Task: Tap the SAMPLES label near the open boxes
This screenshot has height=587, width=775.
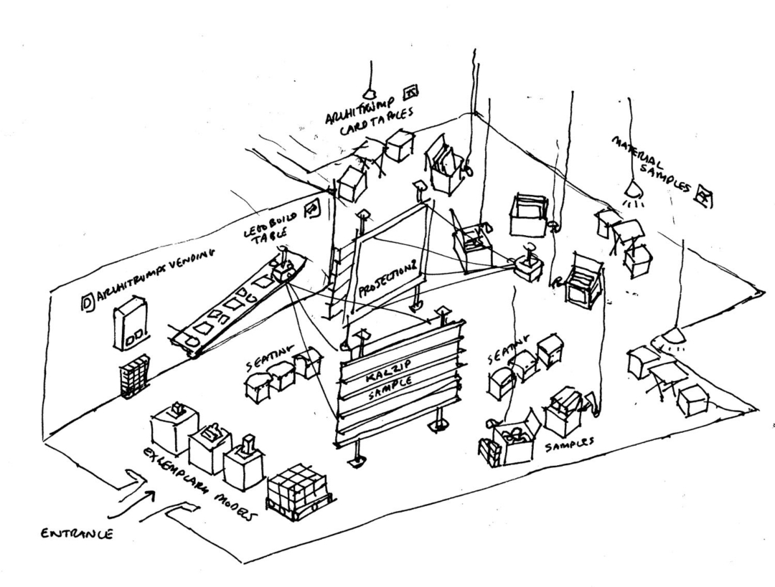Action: click(x=570, y=442)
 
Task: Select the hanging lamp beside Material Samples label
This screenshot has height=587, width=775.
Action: click(x=633, y=189)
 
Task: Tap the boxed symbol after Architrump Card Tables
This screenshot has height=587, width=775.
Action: click(x=411, y=91)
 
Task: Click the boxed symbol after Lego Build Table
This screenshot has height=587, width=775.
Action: click(x=312, y=209)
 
